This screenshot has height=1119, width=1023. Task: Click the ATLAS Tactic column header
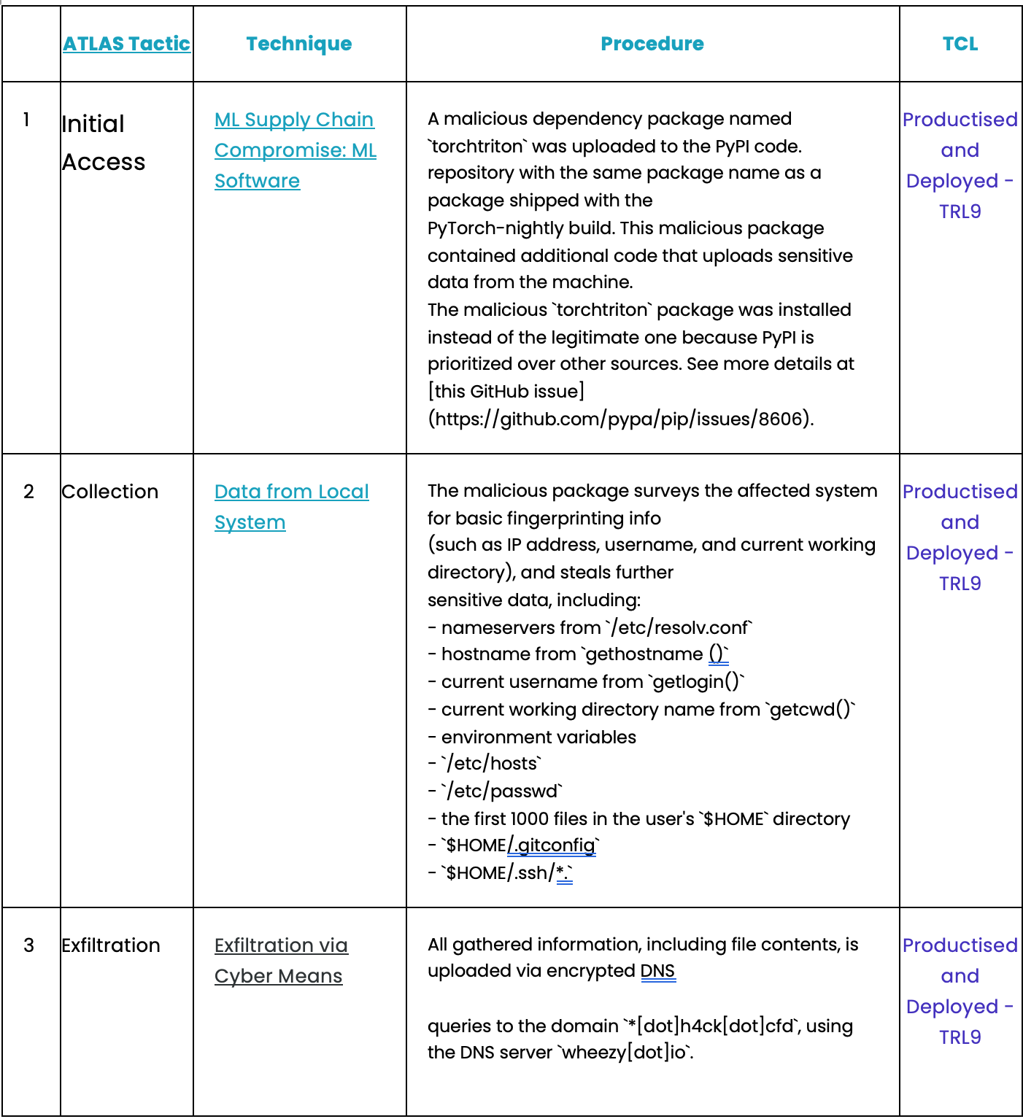126,44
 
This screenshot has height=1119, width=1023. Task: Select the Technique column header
298,44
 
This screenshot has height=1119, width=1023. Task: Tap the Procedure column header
652,44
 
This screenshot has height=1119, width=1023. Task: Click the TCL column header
960,44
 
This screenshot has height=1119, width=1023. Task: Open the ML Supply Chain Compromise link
295,150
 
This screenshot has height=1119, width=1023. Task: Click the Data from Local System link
291,506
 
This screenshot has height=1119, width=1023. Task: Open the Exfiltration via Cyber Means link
281,960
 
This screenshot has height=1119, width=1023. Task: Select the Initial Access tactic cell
103,143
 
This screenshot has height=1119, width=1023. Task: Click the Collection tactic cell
110,492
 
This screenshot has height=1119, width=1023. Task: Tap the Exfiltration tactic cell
111,945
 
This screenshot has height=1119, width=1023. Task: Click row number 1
27,120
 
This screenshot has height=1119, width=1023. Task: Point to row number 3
28,945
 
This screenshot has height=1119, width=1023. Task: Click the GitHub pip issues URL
620,419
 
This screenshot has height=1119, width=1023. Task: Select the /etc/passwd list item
503,791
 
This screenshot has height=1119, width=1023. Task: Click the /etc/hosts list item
493,763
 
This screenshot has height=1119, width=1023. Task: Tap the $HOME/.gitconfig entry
522,845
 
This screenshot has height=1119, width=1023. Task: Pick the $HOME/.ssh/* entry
509,873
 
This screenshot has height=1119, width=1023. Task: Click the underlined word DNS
657,971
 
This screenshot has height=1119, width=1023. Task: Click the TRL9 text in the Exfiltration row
960,1037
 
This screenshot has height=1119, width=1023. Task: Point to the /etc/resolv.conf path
679,627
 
